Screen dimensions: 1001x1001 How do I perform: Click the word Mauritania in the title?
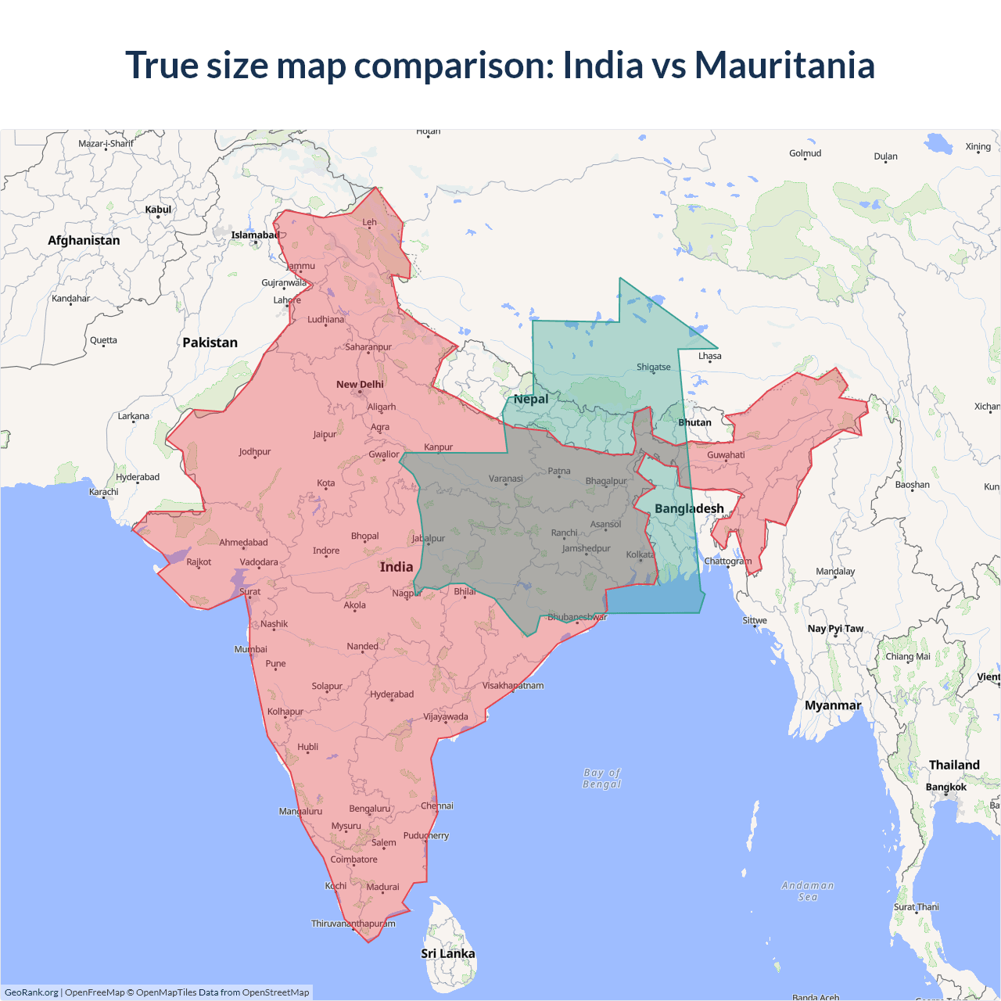point(784,65)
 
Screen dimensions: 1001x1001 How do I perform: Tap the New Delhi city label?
point(360,384)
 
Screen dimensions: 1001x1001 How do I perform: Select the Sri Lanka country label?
point(447,953)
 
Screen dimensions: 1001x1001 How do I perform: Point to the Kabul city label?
point(158,210)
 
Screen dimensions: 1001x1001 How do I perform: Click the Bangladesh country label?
point(689,508)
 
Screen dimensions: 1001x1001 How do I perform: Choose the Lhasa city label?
point(710,356)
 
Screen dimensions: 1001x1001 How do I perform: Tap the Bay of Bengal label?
point(601,778)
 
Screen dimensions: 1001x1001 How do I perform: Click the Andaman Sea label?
point(808,891)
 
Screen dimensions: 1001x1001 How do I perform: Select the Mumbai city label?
point(250,649)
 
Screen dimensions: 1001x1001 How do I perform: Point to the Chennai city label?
point(437,805)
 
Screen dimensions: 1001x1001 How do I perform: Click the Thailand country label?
point(954,765)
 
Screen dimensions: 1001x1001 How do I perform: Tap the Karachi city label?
point(104,492)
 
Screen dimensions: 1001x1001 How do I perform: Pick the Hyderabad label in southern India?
point(392,694)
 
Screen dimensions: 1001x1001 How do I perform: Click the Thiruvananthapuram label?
point(353,924)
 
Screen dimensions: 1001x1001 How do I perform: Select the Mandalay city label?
point(835,571)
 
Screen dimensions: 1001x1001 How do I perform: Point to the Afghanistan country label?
point(84,240)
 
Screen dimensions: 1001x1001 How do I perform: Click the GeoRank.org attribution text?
point(31,992)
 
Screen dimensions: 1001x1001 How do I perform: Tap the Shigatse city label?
point(654,367)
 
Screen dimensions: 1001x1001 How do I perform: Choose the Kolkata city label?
point(640,554)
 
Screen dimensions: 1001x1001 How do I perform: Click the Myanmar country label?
point(833,705)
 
